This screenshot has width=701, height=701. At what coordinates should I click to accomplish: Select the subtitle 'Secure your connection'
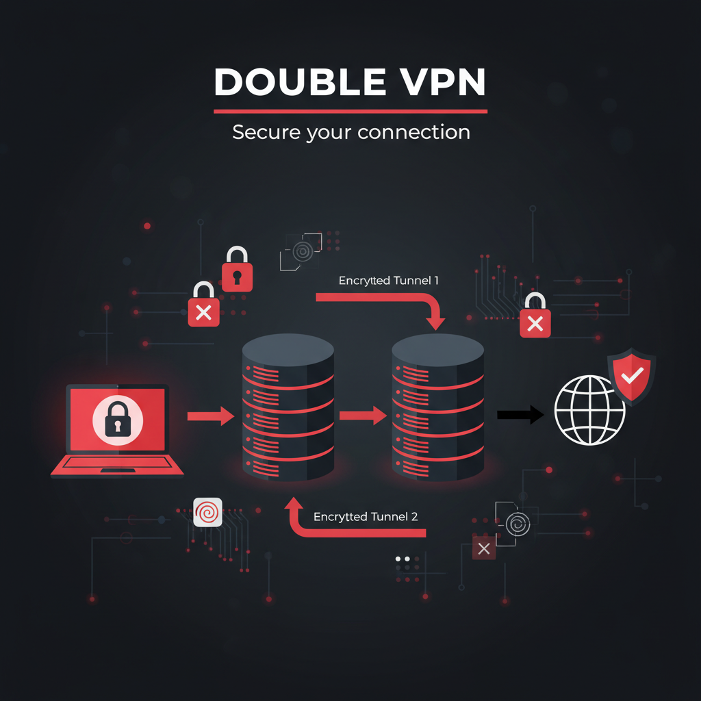(350, 131)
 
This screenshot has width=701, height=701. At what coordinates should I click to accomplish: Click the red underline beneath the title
(350, 111)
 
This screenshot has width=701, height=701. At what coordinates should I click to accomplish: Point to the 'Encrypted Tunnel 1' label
(388, 281)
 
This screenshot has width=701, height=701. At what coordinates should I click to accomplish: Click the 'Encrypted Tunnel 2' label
(366, 517)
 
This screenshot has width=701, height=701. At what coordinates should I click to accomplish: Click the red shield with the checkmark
(631, 375)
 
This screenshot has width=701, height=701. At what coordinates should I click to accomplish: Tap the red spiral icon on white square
(207, 511)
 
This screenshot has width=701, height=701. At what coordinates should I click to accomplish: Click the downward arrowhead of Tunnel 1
(435, 320)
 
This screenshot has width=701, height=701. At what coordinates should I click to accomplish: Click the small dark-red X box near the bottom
(484, 548)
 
